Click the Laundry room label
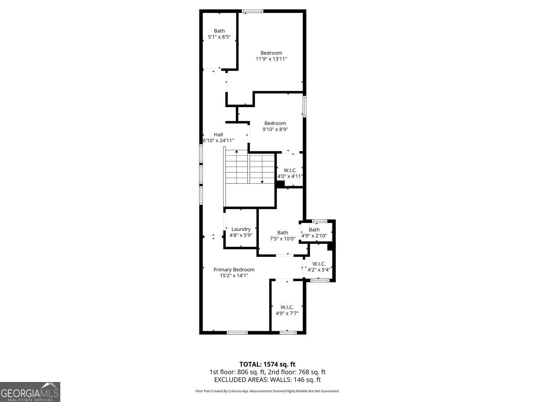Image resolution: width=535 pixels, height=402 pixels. point(241,229)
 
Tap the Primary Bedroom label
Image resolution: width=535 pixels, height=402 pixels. point(234,269)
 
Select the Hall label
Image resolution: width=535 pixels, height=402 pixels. point(218,134)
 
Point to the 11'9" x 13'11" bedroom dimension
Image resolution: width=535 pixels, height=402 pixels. point(271,59)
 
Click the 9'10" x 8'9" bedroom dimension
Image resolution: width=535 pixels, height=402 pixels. point(275,129)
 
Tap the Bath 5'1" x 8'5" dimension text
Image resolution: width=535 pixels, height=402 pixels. point(219,36)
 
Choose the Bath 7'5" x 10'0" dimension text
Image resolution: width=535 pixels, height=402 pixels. point(282,239)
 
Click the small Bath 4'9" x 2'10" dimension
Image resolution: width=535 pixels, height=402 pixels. point(314,235)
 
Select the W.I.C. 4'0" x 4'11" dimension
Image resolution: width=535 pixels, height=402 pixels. point(290,176)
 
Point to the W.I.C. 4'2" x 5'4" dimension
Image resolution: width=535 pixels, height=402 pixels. point(319,270)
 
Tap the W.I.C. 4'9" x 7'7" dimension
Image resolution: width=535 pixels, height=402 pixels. point(287,313)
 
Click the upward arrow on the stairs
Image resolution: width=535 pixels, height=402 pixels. point(236,152)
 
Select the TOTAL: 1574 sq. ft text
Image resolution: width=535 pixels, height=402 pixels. point(267,364)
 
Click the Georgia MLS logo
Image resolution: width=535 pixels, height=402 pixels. point(30,392)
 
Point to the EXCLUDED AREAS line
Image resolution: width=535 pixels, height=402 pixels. point(267,380)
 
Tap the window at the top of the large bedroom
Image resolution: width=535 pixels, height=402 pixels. point(253,11)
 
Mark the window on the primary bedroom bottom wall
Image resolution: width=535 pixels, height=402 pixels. point(237,333)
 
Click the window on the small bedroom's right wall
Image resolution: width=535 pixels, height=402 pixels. point(304,106)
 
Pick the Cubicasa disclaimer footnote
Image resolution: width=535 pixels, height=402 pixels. point(267,391)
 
